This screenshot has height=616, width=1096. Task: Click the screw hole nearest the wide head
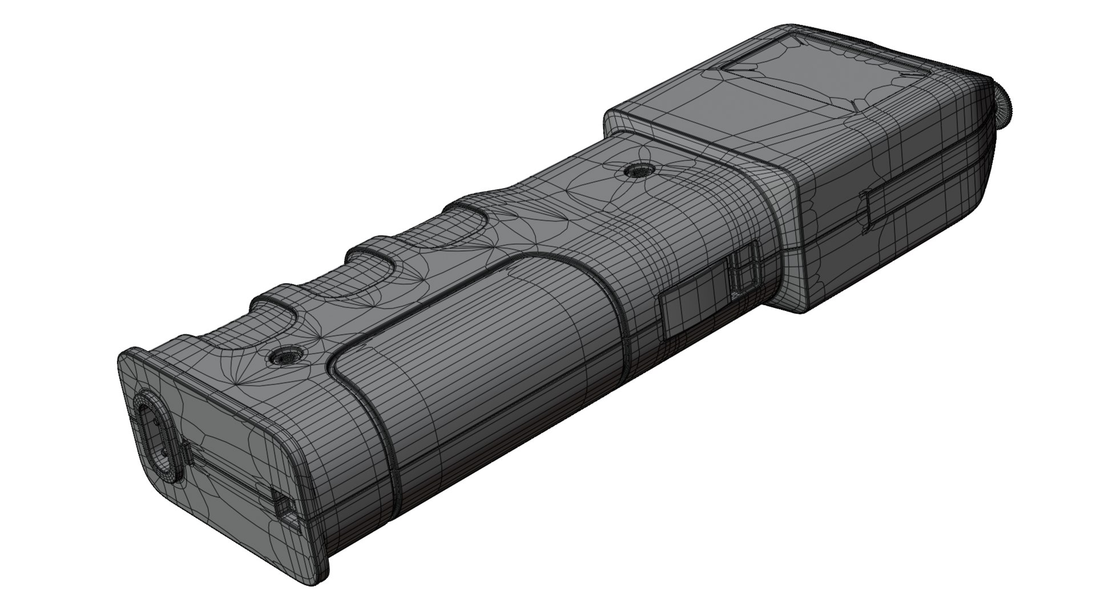(x=640, y=170)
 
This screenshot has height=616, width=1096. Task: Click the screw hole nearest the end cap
(x=284, y=356)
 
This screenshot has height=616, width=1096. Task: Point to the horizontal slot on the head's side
(x=868, y=211)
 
